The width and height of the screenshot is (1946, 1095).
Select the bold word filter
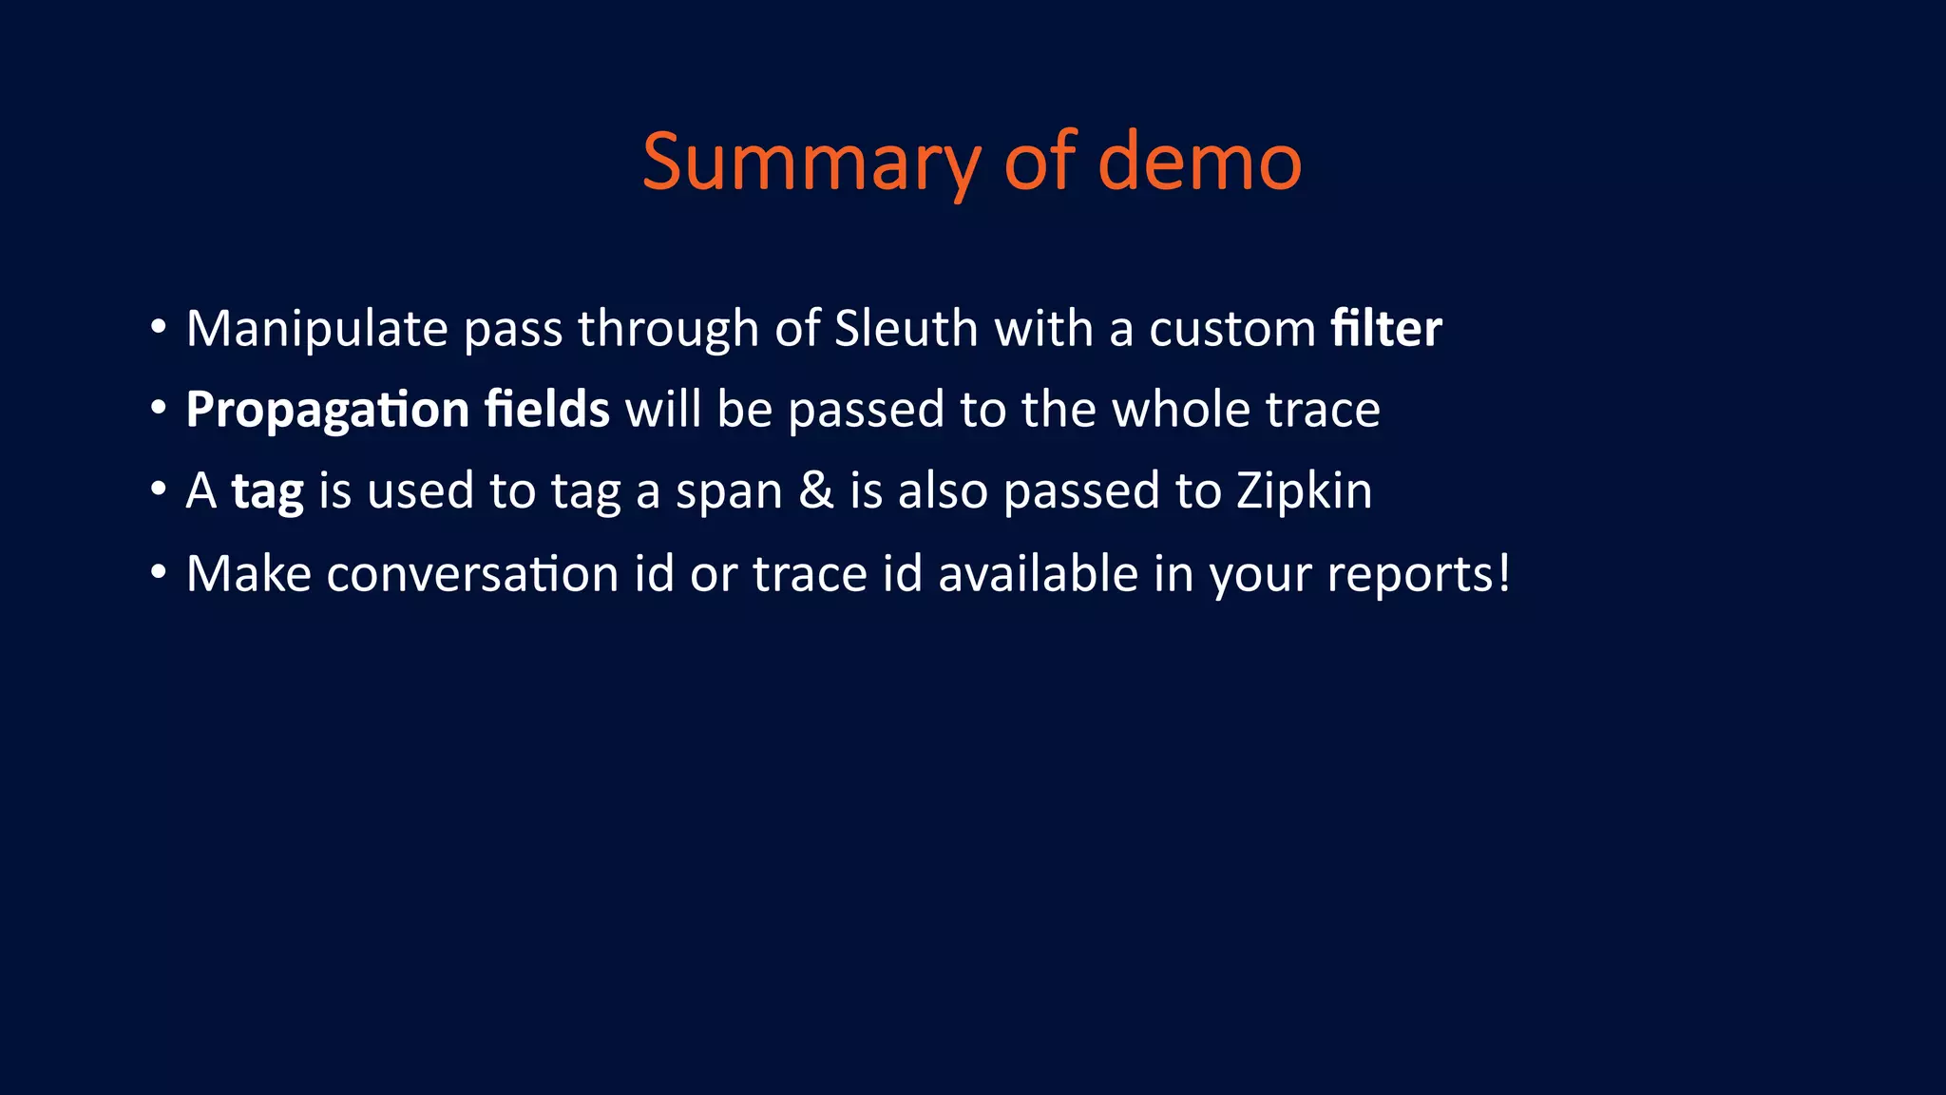(x=1385, y=329)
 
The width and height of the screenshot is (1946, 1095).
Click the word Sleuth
(x=906, y=329)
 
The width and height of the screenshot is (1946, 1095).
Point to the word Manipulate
(x=316, y=329)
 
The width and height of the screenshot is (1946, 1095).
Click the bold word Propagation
(x=327, y=411)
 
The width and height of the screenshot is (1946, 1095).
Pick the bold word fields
(x=546, y=410)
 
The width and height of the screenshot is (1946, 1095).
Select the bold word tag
(x=268, y=492)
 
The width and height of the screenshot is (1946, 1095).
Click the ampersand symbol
(x=816, y=491)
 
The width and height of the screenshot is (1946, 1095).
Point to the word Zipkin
(x=1304, y=491)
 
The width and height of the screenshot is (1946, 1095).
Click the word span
(x=729, y=492)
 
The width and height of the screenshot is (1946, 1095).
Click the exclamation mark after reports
(x=1503, y=573)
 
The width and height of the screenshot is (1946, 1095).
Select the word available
(x=1038, y=574)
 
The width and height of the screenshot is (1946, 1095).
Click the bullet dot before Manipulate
(x=159, y=328)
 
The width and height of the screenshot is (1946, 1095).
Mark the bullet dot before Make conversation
(x=159, y=573)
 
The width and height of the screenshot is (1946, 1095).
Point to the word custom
(x=1232, y=329)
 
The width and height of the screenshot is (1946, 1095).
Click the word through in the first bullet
(x=668, y=329)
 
